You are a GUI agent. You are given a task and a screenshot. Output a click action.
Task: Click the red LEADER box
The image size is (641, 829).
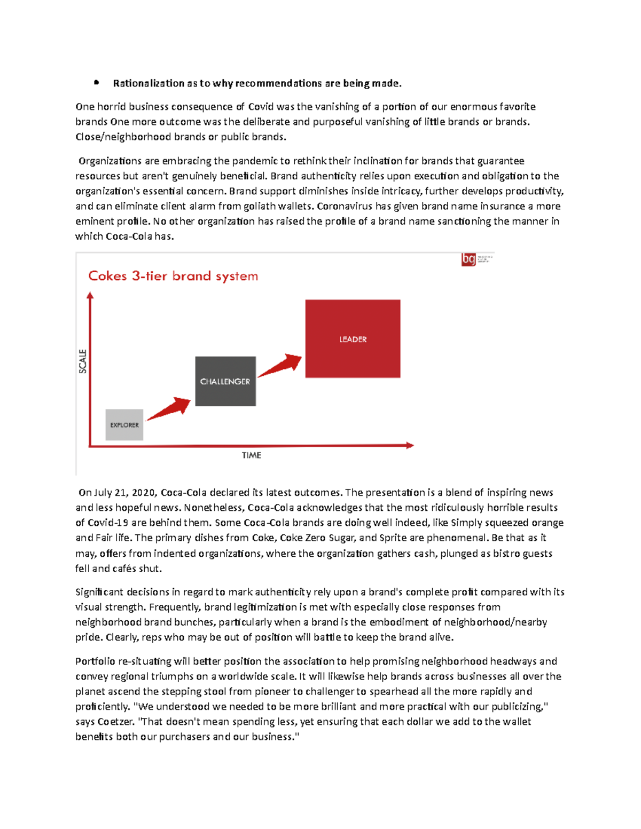353,338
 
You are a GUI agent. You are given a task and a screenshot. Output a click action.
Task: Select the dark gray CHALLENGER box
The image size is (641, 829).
225,381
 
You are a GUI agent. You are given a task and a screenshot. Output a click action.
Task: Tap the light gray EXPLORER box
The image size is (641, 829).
124,425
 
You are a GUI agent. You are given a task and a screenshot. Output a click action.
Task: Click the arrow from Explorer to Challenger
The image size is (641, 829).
169,409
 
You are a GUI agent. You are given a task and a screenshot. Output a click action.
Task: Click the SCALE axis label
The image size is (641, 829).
83,361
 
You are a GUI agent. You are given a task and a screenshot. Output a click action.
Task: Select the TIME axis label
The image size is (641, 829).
251,455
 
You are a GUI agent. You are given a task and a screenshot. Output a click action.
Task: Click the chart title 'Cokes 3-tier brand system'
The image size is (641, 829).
173,276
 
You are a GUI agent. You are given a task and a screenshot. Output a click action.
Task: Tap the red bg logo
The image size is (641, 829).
468,259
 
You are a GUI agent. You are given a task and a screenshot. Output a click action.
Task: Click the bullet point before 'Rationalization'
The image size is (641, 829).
96,83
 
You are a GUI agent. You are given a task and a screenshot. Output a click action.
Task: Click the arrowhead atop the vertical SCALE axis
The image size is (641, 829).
90,295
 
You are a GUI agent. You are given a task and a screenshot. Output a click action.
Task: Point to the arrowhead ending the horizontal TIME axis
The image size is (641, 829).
410,445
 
